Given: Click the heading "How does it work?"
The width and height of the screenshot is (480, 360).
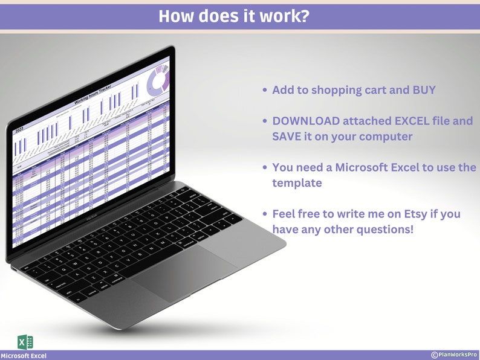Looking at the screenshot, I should click(x=235, y=16).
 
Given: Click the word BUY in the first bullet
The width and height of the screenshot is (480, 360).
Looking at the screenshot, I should click(x=421, y=90).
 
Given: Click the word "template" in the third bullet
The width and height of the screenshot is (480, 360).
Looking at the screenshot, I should click(x=297, y=183).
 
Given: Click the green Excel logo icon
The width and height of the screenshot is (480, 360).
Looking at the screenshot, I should click(x=25, y=342).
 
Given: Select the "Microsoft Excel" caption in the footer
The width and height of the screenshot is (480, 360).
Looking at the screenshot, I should click(x=24, y=356).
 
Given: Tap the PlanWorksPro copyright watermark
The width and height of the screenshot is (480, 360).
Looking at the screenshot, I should click(x=453, y=355).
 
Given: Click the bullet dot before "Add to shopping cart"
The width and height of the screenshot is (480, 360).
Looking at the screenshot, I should click(x=265, y=90).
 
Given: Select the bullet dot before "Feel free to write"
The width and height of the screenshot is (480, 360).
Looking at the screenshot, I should click(x=265, y=214).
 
